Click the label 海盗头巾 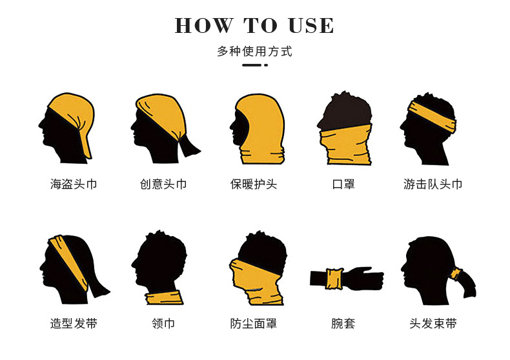74,184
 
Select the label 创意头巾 163,184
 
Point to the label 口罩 343,184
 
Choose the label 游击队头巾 433,184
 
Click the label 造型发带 74,323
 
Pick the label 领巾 163,323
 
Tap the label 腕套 343,323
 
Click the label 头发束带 433,323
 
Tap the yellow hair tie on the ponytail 456,274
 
